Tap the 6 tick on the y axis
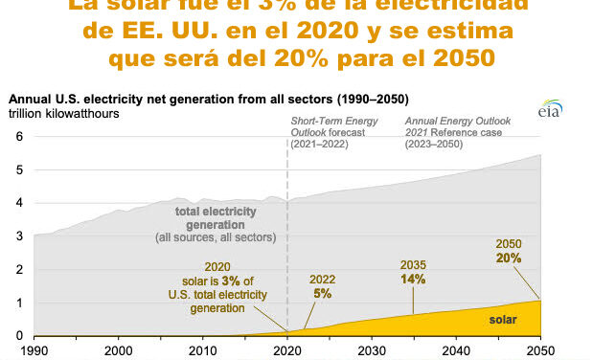tap(18, 136)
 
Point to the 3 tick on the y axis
tap(18, 236)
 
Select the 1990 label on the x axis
tap(34, 350)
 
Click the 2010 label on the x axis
tap(202, 350)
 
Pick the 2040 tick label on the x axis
tap(455, 350)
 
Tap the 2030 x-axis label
tap(371, 350)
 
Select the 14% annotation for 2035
tap(413, 277)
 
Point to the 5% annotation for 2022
tap(321, 293)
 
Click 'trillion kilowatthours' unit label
tap(61, 114)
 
